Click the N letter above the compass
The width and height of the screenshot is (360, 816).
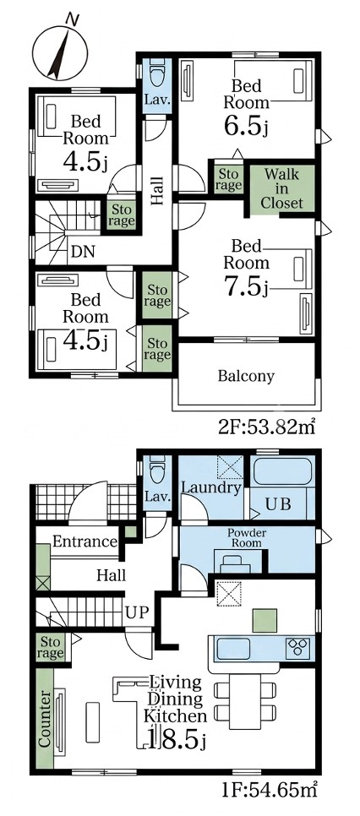point(73,19)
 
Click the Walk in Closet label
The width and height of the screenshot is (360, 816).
point(282,188)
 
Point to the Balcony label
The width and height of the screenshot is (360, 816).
point(247,376)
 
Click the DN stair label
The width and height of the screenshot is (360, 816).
point(83,252)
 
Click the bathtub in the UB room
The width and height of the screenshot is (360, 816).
point(282,471)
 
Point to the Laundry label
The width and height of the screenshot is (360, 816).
point(211,487)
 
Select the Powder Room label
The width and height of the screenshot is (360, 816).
point(247,537)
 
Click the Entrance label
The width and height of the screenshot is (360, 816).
point(85,541)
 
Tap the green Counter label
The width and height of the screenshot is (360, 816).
point(45,719)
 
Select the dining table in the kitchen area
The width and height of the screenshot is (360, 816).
point(245,700)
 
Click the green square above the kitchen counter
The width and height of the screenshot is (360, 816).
point(265,620)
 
